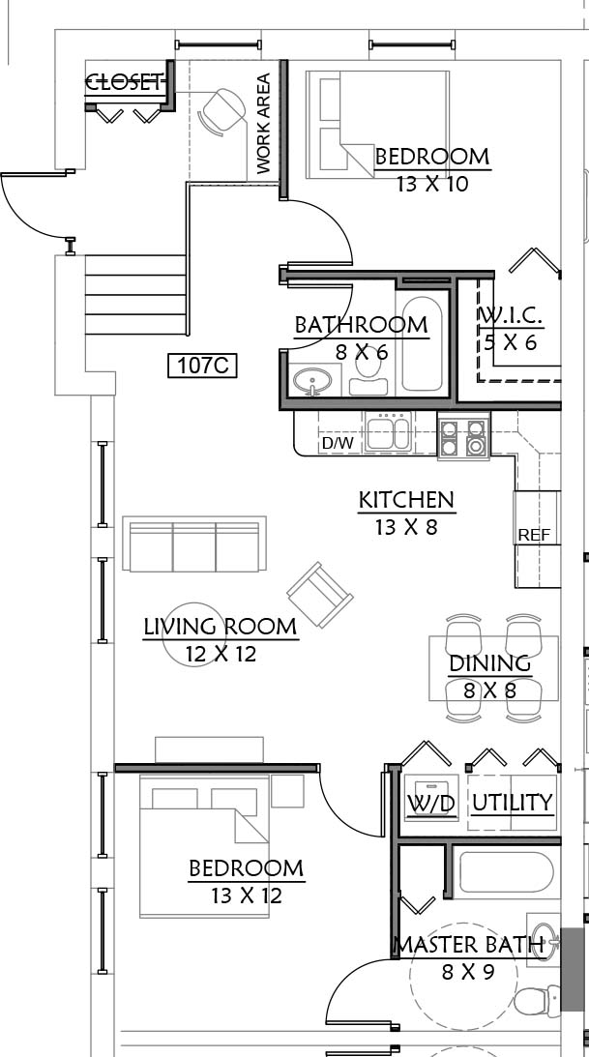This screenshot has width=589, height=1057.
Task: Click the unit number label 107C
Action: tap(202, 367)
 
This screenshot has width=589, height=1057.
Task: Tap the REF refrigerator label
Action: tap(534, 535)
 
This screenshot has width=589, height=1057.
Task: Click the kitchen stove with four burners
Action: tap(463, 437)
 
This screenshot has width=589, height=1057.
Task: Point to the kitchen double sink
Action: tap(388, 432)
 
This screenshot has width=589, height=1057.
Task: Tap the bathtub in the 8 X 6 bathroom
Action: tap(422, 344)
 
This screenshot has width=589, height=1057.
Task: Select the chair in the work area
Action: tap(224, 112)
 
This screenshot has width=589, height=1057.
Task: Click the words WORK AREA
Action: tap(263, 124)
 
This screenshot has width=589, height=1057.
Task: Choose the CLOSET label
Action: tap(125, 83)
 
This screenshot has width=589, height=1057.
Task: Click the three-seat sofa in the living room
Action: tap(194, 544)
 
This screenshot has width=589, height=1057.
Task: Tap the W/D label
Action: tap(431, 803)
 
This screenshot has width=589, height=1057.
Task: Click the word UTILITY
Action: tap(513, 803)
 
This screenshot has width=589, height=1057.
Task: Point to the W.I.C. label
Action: tap(510, 315)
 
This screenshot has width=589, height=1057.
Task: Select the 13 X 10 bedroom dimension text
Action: tap(432, 184)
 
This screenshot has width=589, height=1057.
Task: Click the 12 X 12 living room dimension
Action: tap(221, 654)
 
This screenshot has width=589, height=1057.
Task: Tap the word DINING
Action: tap(490, 663)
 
